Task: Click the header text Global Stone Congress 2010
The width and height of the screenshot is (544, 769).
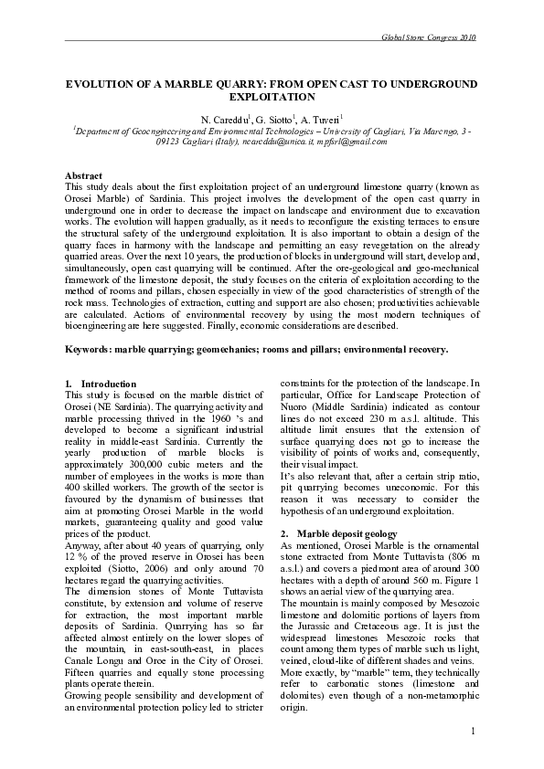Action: (x=427, y=37)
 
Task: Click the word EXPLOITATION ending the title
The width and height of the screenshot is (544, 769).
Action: (x=272, y=96)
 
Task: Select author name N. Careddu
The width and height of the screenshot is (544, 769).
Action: (x=225, y=120)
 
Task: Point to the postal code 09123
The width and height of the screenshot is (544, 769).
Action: (x=169, y=142)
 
